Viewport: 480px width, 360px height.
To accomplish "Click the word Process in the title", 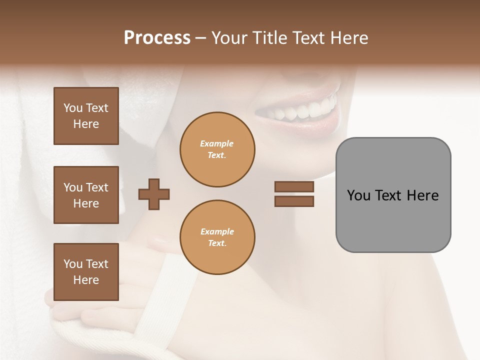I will [157, 38].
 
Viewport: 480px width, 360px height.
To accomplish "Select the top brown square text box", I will [86, 116].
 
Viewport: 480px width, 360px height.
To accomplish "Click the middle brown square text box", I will [86, 195].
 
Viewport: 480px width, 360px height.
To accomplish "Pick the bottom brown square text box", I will [86, 272].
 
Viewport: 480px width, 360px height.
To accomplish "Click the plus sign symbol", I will [154, 193].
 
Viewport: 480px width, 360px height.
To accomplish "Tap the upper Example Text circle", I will [217, 149].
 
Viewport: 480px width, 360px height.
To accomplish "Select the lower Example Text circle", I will [217, 237].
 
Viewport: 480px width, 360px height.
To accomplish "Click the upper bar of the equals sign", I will [294, 187].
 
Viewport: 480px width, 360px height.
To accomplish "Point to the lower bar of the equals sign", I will [294, 201].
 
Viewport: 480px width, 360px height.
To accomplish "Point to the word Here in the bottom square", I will [86, 280].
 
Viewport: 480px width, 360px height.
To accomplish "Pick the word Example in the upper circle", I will [216, 144].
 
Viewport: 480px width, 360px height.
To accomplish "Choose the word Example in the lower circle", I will [216, 232].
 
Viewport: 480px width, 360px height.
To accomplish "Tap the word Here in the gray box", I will [422, 195].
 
